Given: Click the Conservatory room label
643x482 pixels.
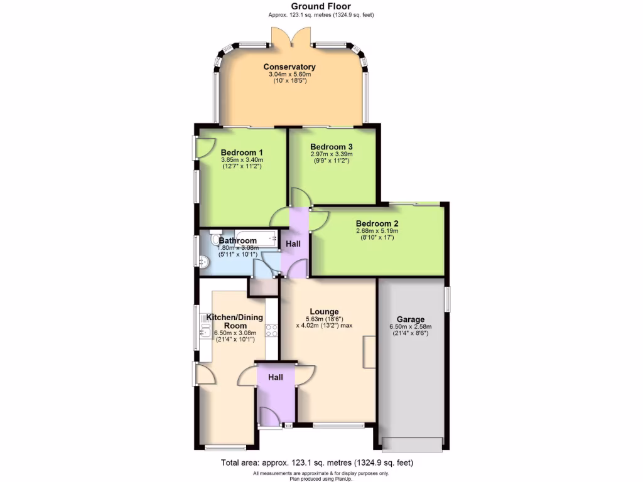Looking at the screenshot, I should [289, 67].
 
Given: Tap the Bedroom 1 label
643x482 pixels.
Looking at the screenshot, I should [242, 153].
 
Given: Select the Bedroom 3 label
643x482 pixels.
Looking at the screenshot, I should [332, 147].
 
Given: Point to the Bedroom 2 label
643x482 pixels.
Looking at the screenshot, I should [377, 223].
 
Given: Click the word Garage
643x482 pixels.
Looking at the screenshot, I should [410, 319].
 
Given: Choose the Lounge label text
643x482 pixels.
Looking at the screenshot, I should [324, 311].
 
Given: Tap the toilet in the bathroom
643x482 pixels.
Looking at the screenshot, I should [217, 240].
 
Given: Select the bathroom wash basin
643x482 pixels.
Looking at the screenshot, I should [203, 264].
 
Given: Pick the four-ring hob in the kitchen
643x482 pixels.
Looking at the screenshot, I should [272, 331].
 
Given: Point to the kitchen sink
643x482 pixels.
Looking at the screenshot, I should [205, 333].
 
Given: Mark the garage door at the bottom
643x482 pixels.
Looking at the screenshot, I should [411, 444].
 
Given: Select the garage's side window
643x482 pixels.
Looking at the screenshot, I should [447, 299].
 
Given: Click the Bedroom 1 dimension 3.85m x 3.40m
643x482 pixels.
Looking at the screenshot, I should [241, 160].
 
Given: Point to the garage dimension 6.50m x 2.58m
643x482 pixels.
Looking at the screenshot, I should [410, 327].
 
